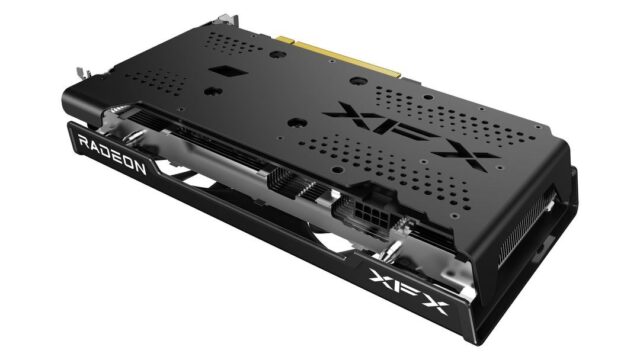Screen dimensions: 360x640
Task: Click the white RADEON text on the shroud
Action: tap(111, 155)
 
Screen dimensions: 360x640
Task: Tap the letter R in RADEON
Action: tap(83, 143)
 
